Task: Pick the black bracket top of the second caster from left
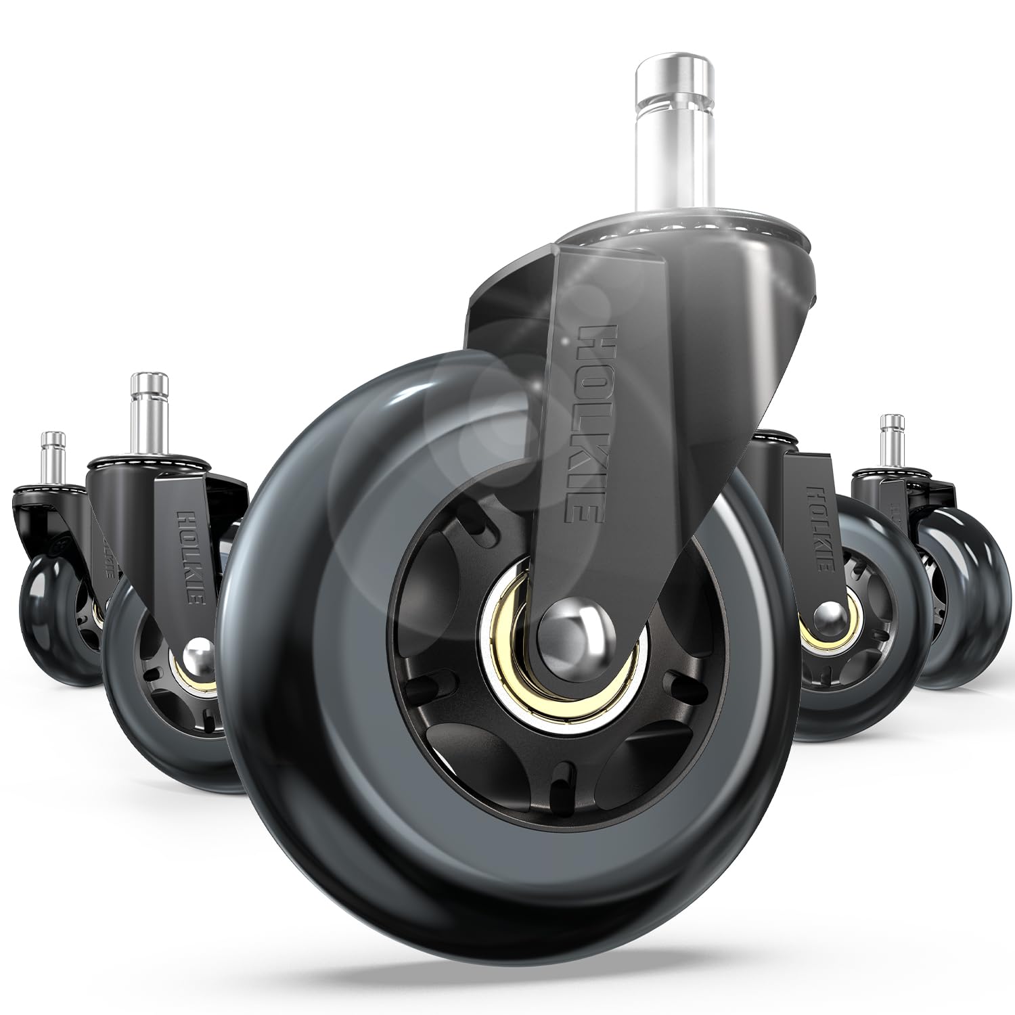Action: (x=156, y=474)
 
